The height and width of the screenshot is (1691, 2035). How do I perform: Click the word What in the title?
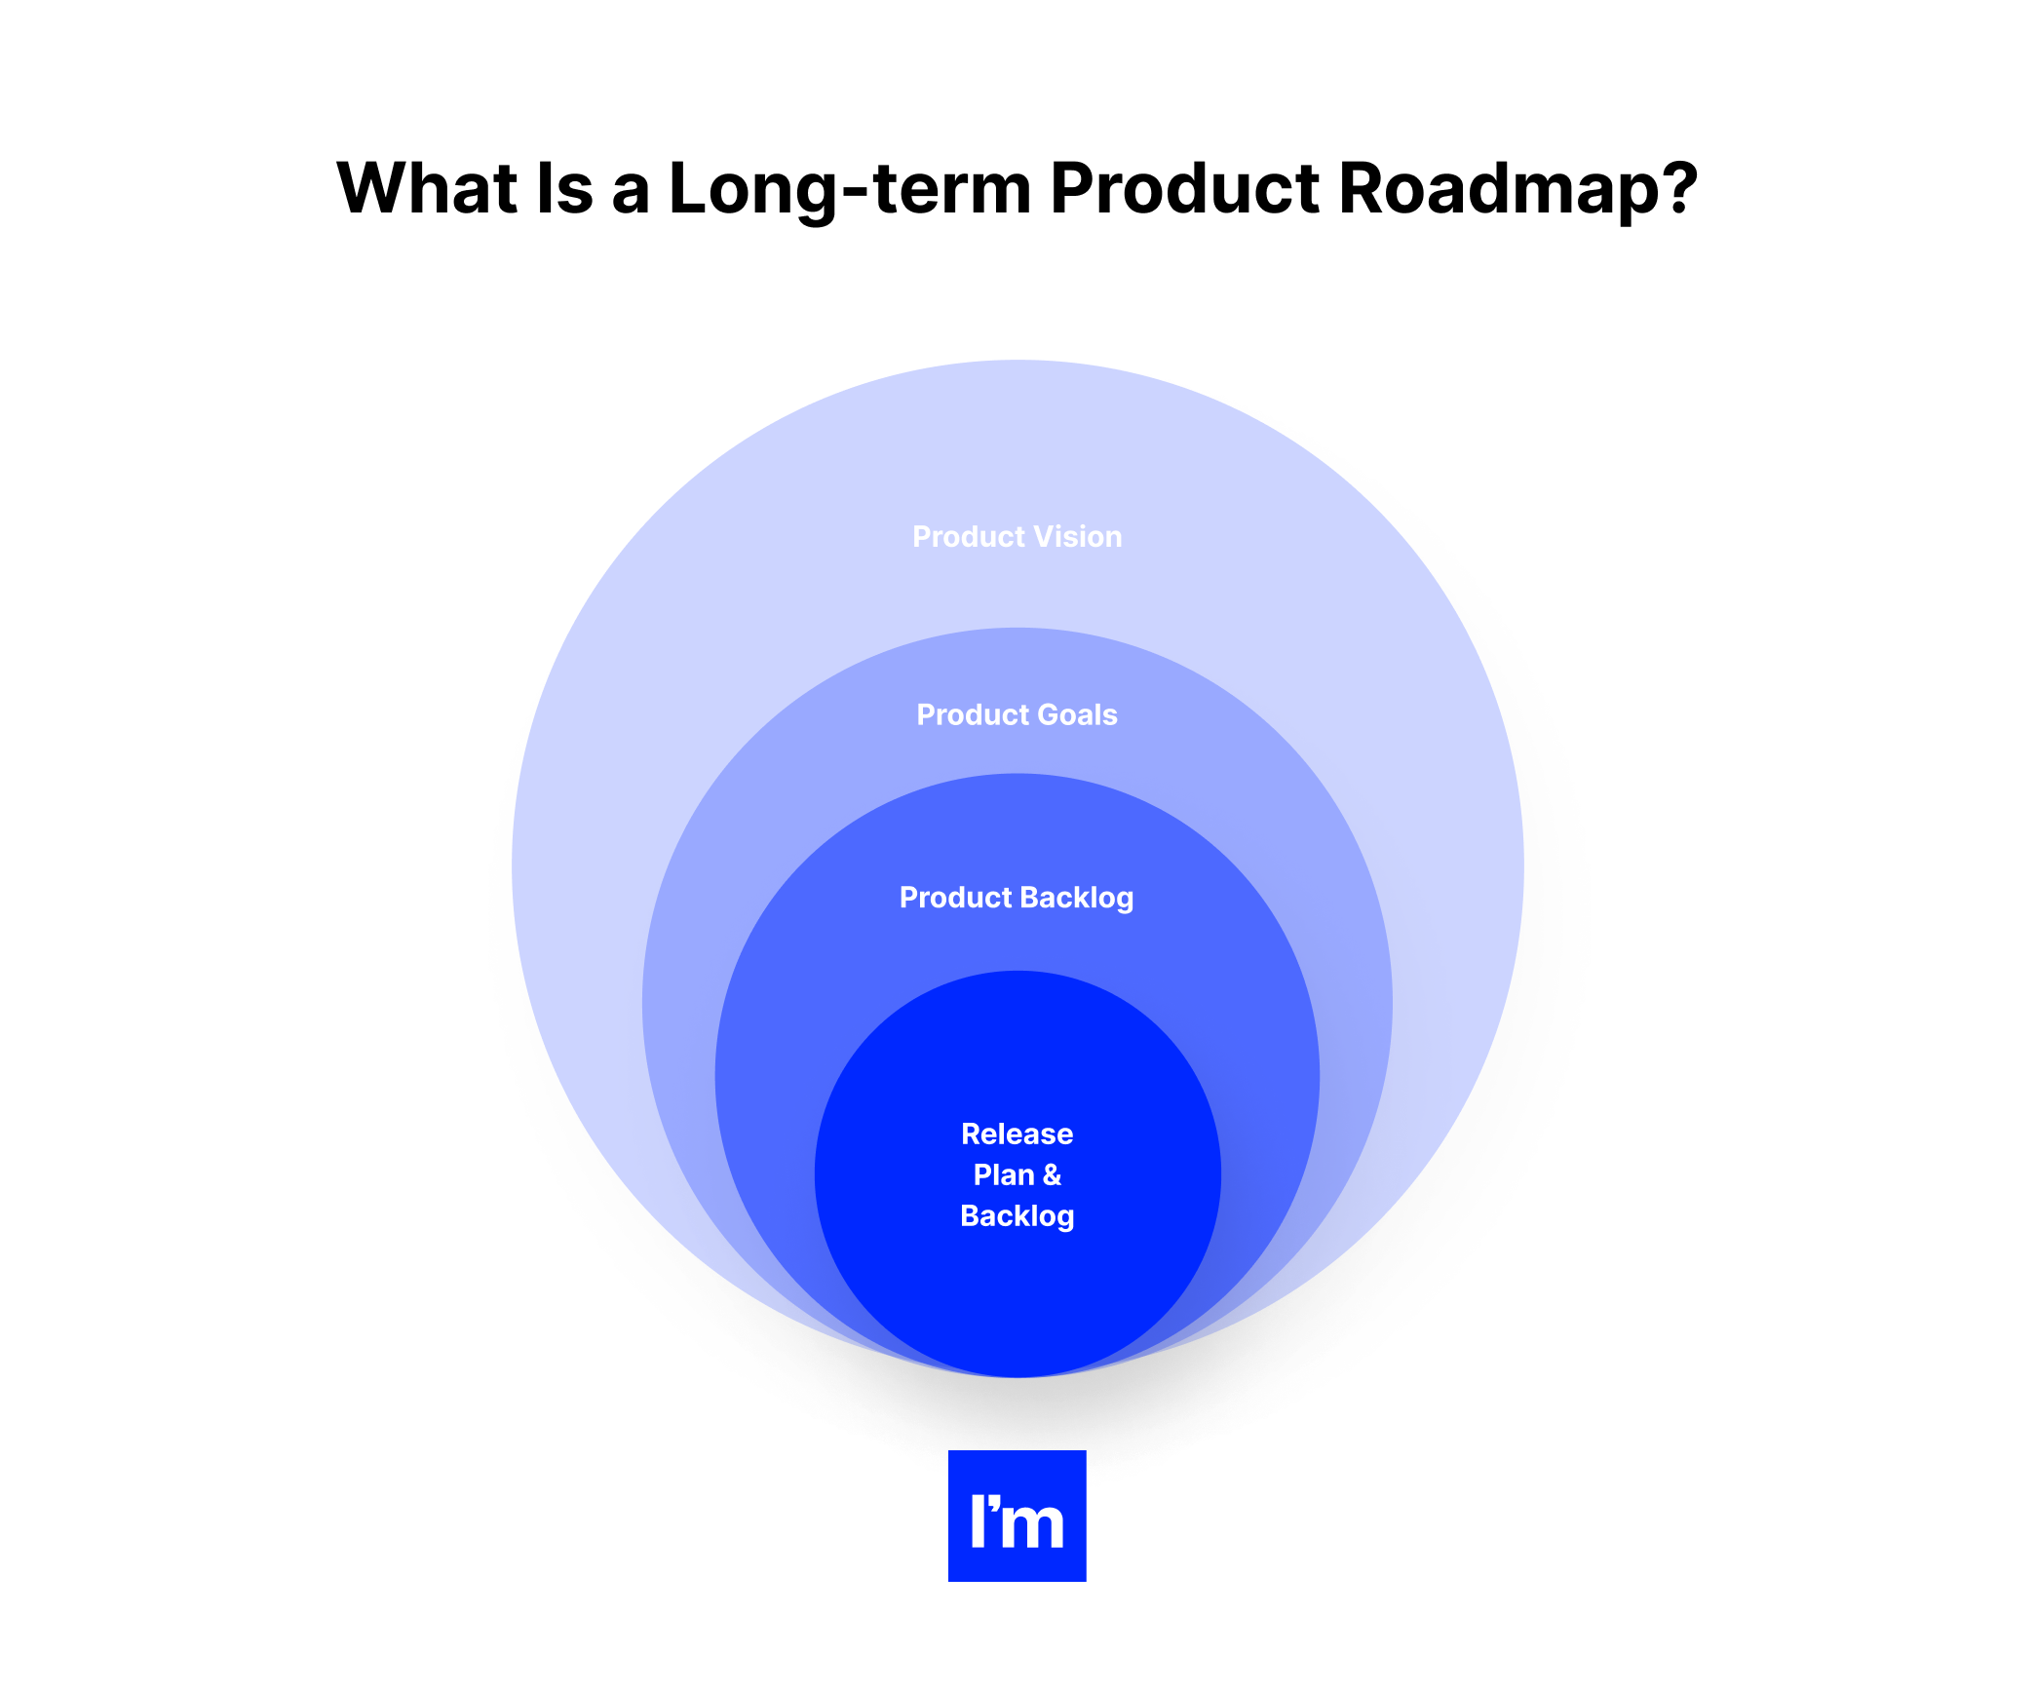[x=427, y=187]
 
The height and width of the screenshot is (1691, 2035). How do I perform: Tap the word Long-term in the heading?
[x=849, y=187]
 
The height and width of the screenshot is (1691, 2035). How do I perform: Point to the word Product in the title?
[x=1183, y=187]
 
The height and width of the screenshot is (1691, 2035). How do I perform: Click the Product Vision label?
[x=1017, y=537]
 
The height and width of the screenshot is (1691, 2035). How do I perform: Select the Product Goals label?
[x=1017, y=715]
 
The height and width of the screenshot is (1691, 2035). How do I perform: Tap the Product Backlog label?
[x=1017, y=898]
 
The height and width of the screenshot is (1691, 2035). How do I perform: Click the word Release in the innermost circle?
[x=1017, y=1134]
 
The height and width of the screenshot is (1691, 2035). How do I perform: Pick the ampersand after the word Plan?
[x=1051, y=1175]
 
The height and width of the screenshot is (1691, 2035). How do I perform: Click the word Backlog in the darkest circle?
[x=1017, y=1216]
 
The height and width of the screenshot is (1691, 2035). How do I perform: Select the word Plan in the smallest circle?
[x=1003, y=1175]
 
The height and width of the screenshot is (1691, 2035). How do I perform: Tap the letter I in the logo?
[x=978, y=1521]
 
